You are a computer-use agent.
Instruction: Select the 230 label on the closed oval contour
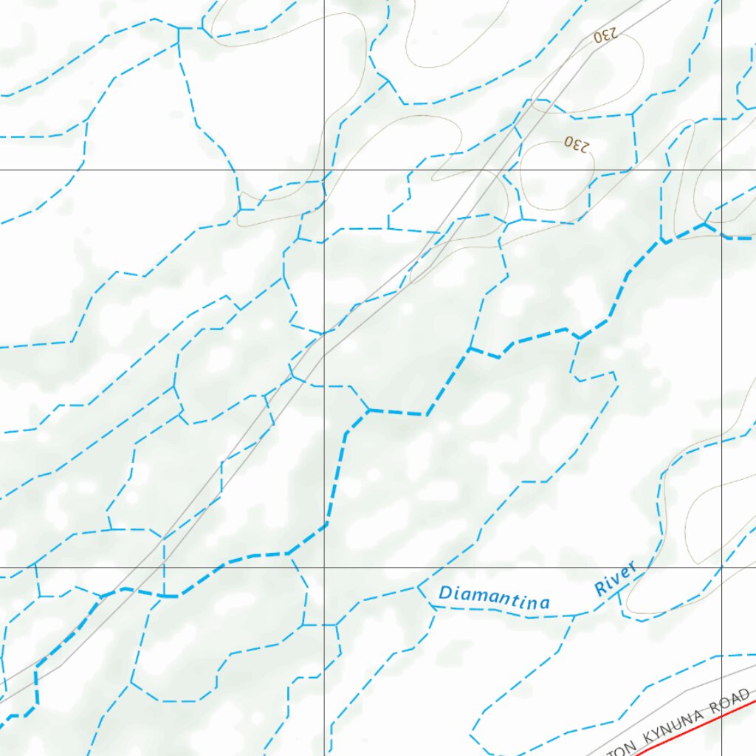[577, 144]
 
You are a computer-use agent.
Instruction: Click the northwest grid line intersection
[324, 170]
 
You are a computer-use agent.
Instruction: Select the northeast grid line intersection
[722, 170]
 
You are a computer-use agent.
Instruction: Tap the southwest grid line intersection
[324, 568]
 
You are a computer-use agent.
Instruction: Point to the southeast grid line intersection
[722, 568]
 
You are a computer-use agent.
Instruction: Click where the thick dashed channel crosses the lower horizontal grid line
[224, 568]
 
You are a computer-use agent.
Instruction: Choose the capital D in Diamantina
[445, 592]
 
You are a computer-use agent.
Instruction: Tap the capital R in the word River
[601, 588]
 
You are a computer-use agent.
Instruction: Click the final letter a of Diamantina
[545, 604]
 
